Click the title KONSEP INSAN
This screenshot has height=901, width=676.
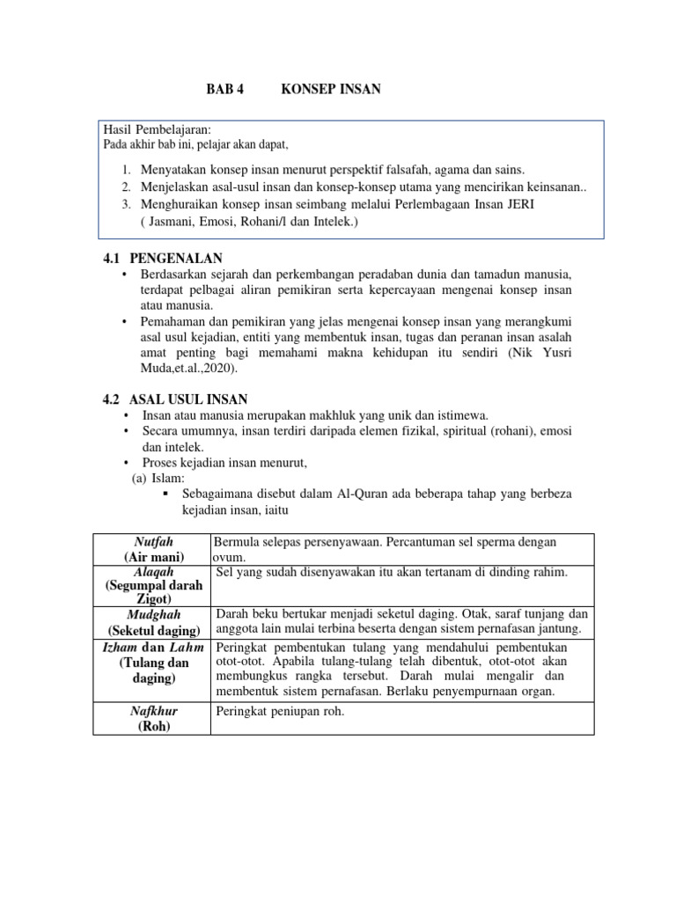331,90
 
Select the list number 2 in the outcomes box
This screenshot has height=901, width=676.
127,187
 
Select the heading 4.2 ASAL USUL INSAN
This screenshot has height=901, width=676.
175,399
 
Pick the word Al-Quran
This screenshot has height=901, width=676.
364,494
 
